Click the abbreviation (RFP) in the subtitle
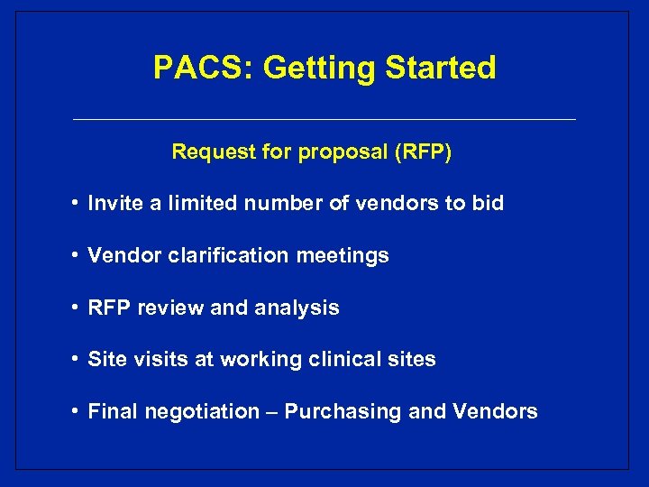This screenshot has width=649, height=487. pyautogui.click(x=423, y=152)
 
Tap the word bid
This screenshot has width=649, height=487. pyautogui.click(x=488, y=204)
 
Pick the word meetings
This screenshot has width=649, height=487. pyautogui.click(x=343, y=256)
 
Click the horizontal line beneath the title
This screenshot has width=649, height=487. pyautogui.click(x=324, y=120)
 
